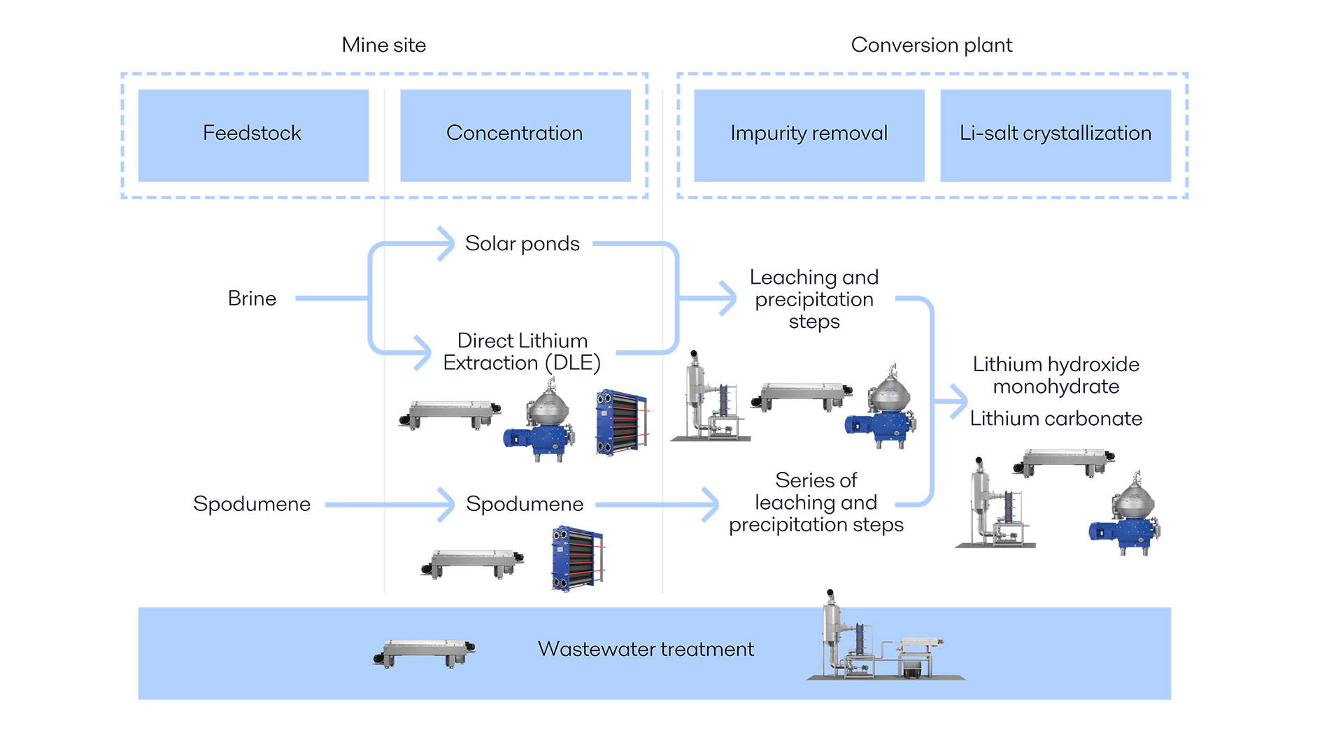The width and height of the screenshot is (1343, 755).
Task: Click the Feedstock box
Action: (x=253, y=134)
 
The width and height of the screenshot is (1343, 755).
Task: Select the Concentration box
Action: (x=515, y=134)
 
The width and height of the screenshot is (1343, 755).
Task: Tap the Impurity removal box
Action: (x=809, y=134)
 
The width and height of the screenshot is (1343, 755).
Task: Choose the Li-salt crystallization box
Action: (x=1055, y=134)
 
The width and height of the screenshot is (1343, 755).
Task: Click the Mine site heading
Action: (x=383, y=45)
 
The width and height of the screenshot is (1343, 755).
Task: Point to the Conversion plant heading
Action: (x=932, y=45)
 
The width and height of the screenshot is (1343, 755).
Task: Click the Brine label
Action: (x=253, y=299)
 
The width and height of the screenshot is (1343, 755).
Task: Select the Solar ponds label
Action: (x=523, y=244)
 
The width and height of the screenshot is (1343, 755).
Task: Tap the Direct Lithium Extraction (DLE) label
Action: (x=522, y=352)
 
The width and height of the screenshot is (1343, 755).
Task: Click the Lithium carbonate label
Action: (x=1056, y=419)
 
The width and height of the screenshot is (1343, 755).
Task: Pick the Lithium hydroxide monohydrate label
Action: (x=1056, y=375)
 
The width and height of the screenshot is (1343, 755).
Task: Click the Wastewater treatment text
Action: (x=646, y=649)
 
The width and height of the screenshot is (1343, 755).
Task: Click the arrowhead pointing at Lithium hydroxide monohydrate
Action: (x=959, y=402)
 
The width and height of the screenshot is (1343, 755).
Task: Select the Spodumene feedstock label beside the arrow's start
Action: (x=252, y=504)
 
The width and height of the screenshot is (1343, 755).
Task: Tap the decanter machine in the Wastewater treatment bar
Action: (x=425, y=652)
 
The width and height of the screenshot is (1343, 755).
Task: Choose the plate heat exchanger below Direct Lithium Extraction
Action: (x=621, y=424)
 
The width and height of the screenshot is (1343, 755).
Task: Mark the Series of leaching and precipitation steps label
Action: (x=816, y=503)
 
